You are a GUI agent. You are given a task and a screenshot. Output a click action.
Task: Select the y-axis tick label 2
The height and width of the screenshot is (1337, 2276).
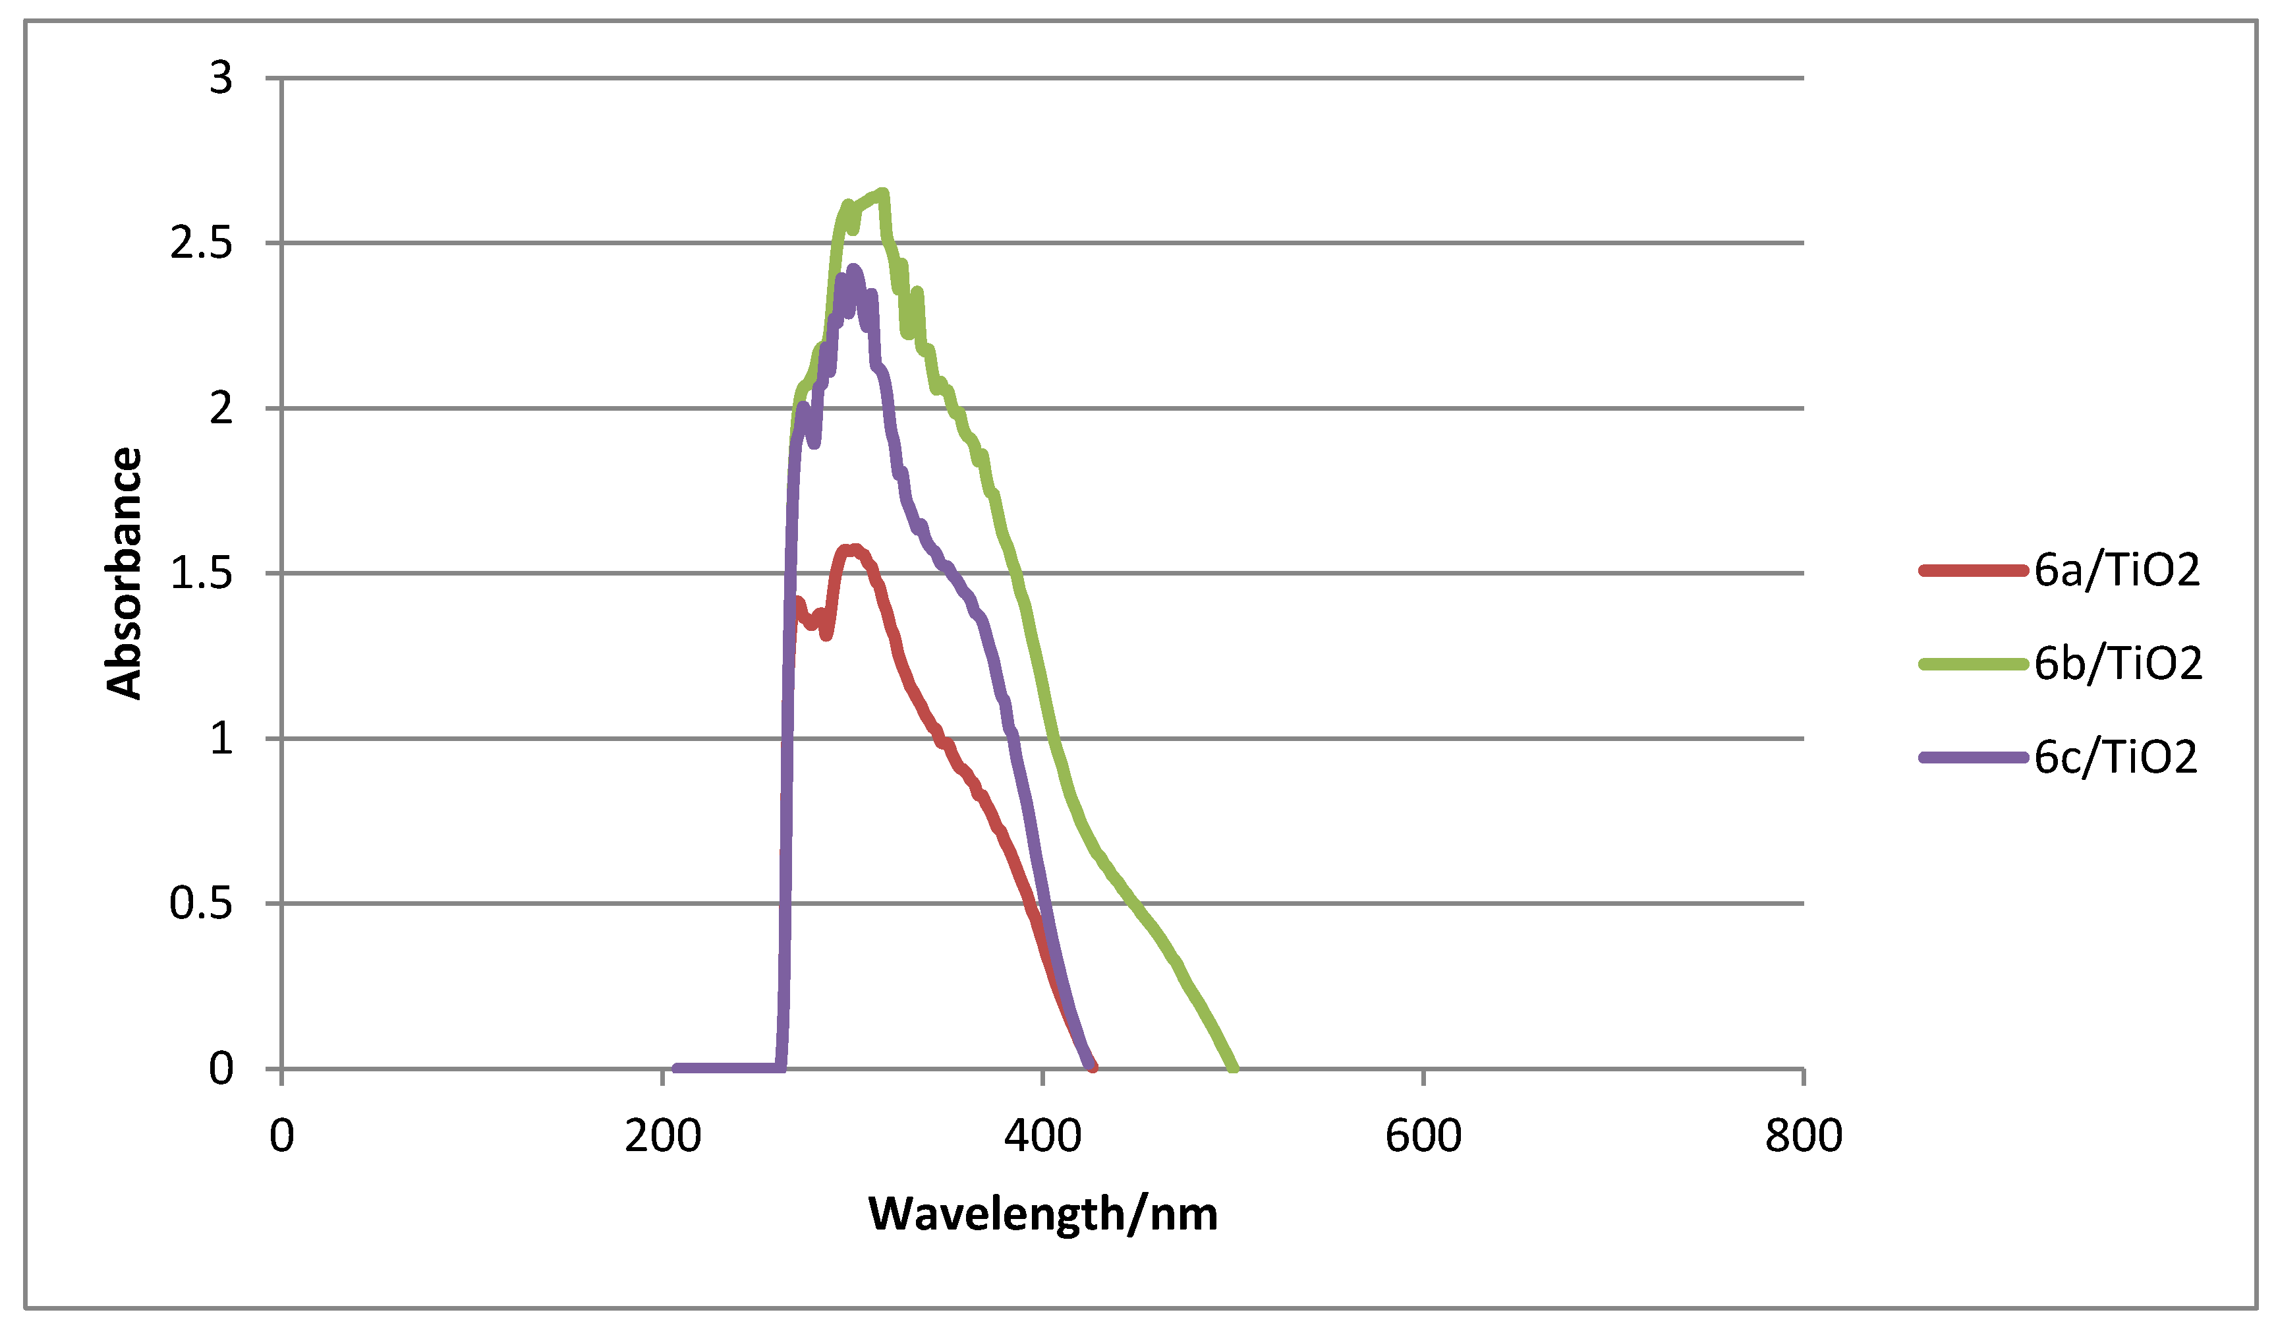221,409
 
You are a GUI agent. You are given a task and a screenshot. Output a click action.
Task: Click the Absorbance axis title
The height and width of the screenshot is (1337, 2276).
125,573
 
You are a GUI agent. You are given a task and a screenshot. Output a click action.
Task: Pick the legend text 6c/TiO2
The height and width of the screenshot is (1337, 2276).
2115,757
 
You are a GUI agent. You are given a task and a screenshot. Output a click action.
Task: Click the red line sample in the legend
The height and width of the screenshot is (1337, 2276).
1974,571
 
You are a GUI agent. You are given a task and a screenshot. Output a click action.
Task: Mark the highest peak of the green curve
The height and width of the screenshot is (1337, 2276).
883,193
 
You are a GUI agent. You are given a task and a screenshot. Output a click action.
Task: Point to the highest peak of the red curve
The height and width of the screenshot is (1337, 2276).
853,549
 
